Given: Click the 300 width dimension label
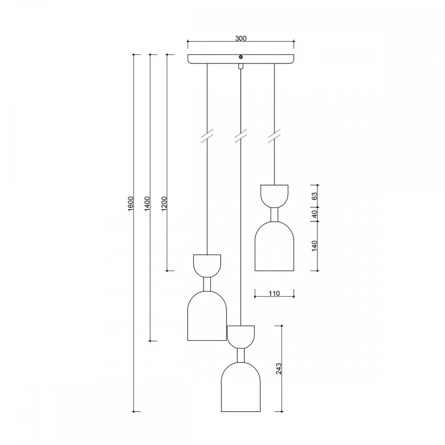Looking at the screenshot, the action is (241, 38).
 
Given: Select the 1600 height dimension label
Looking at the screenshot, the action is (130, 203).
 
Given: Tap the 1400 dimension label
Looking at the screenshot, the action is (147, 203).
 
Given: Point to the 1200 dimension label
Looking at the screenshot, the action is (164, 203).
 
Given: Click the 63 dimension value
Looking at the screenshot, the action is (315, 196).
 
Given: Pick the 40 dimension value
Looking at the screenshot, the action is (315, 214).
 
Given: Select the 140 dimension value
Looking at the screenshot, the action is (315, 246).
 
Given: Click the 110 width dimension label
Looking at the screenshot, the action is (274, 293).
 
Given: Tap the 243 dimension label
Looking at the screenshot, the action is (279, 368).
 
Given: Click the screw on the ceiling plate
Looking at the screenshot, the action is (241, 57).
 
